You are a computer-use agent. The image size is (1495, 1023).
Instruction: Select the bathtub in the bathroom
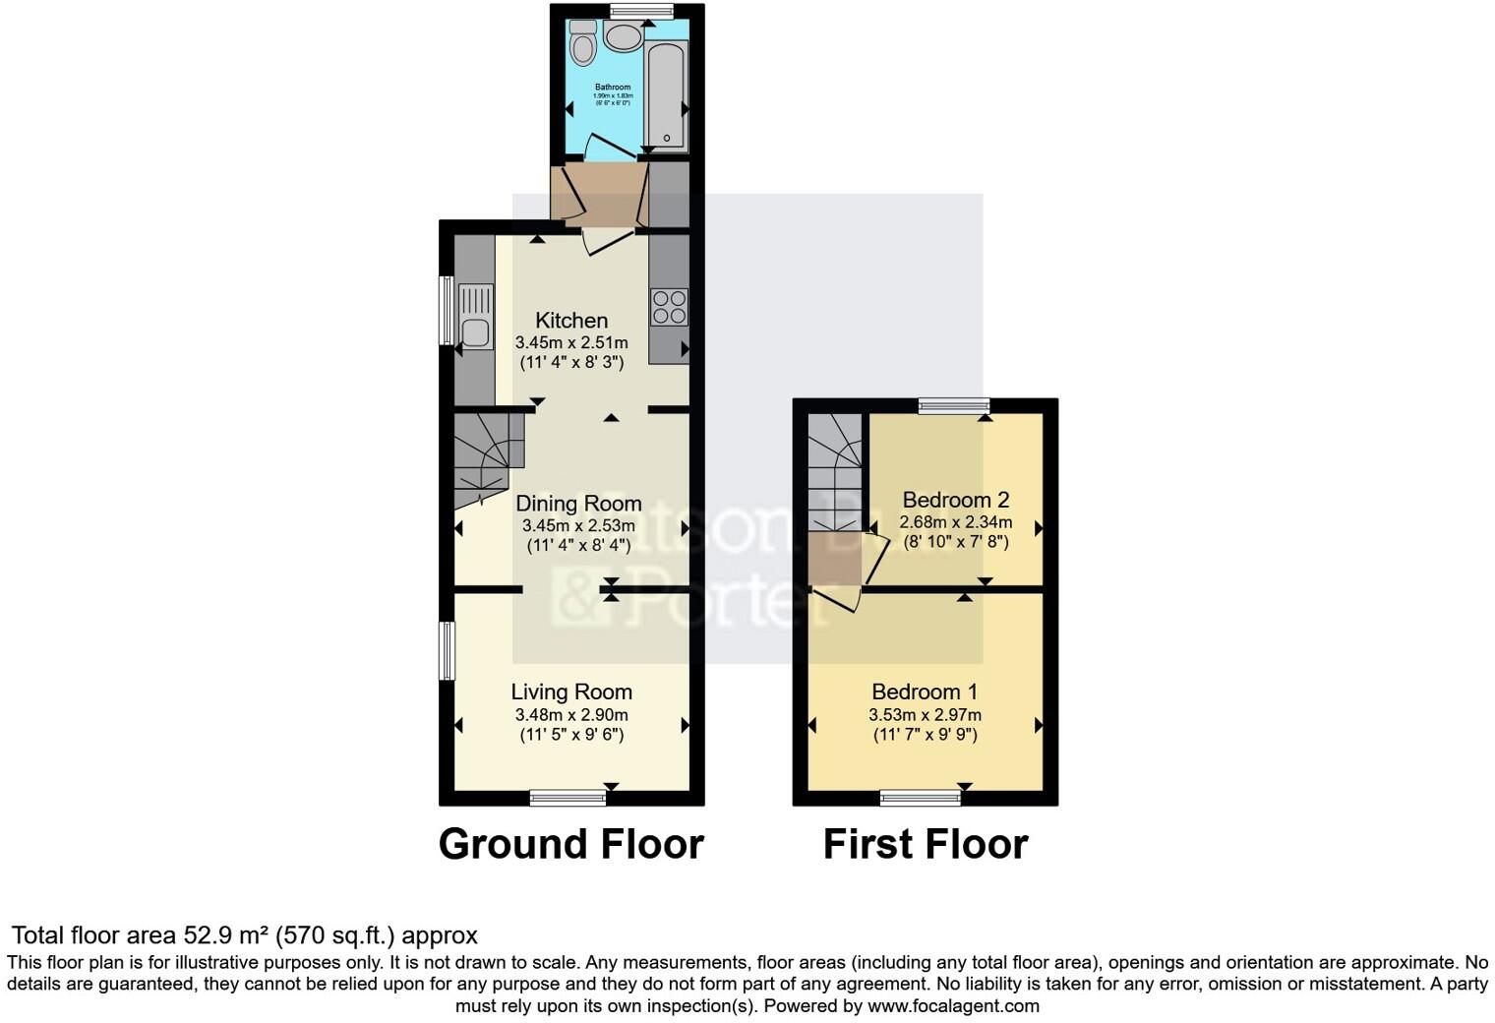pos(665,89)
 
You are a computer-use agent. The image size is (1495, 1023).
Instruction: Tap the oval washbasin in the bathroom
pos(622,38)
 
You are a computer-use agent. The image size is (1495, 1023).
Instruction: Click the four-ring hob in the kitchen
pos(669,307)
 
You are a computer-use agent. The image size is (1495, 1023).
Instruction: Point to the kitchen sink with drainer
pos(475,315)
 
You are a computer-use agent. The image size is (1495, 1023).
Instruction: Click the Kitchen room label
pos(571,321)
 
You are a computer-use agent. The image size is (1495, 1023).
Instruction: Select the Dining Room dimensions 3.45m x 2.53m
pos(578,526)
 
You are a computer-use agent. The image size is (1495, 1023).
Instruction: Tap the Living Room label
pos(571,692)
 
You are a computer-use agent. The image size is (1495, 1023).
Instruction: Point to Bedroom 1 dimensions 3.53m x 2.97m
pos(925,715)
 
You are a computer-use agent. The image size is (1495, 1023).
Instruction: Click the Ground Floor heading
pos(570,844)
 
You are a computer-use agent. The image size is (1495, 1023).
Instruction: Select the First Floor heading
pos(925,844)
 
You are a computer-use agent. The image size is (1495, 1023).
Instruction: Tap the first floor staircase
pos(834,472)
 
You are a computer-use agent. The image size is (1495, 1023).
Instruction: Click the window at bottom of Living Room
pos(568,798)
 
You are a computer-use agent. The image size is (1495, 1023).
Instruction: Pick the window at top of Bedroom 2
pos(954,405)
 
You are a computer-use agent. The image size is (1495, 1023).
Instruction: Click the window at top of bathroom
pos(641,12)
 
